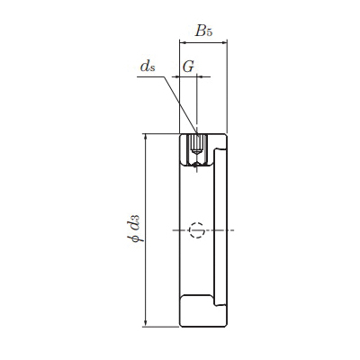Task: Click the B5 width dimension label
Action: tap(203, 31)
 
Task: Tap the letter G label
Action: tap(188, 67)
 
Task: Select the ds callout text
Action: tap(148, 67)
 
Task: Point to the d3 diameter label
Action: tap(134, 221)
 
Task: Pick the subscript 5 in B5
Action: tap(209, 32)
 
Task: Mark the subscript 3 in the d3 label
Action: tap(136, 217)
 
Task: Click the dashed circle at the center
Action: tap(197, 230)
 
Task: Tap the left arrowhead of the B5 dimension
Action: tap(182, 43)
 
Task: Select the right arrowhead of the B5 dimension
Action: tap(224, 43)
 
